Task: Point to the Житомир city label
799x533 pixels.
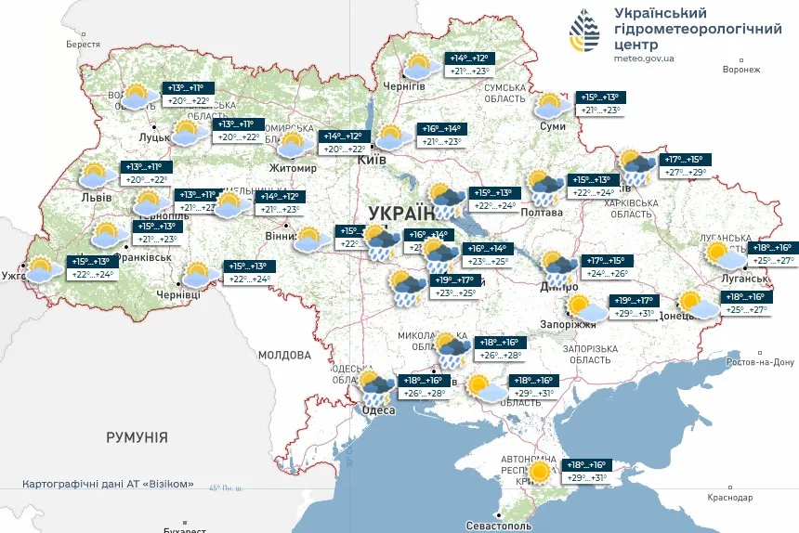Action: pyautogui.click(x=294, y=168)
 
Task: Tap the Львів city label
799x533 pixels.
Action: pyautogui.click(x=96, y=197)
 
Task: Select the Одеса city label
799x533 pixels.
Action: pyautogui.click(x=380, y=409)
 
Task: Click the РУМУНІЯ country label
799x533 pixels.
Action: pyautogui.click(x=137, y=436)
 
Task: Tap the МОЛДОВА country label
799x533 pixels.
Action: pyautogui.click(x=284, y=355)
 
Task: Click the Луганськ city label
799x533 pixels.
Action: pyautogui.click(x=738, y=278)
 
